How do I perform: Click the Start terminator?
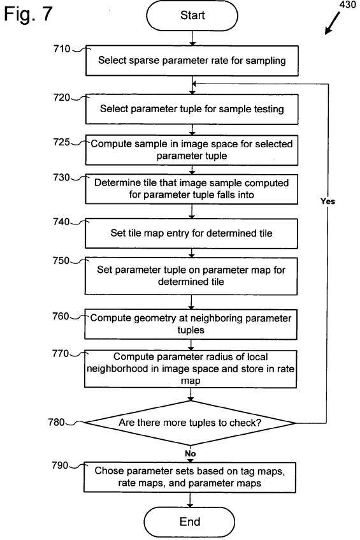click(x=192, y=15)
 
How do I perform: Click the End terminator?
click(x=190, y=522)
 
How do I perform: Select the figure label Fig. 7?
click(x=28, y=14)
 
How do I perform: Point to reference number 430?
click(x=347, y=4)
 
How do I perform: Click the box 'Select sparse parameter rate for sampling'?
click(x=192, y=61)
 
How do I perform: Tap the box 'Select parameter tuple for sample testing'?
click(x=192, y=109)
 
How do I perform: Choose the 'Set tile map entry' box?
click(x=191, y=233)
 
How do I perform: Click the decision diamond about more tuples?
click(x=190, y=423)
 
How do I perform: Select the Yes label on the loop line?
click(x=328, y=201)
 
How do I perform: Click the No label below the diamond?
click(x=191, y=453)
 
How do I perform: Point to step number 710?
click(x=62, y=49)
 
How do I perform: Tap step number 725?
click(x=62, y=142)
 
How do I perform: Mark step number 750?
click(x=61, y=260)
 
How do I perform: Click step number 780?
click(x=57, y=422)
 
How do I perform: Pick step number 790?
click(x=61, y=465)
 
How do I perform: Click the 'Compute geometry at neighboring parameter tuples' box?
click(x=191, y=324)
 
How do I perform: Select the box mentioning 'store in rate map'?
click(x=191, y=369)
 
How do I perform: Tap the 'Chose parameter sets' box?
click(x=190, y=477)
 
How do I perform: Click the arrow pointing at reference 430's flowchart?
click(x=333, y=24)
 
